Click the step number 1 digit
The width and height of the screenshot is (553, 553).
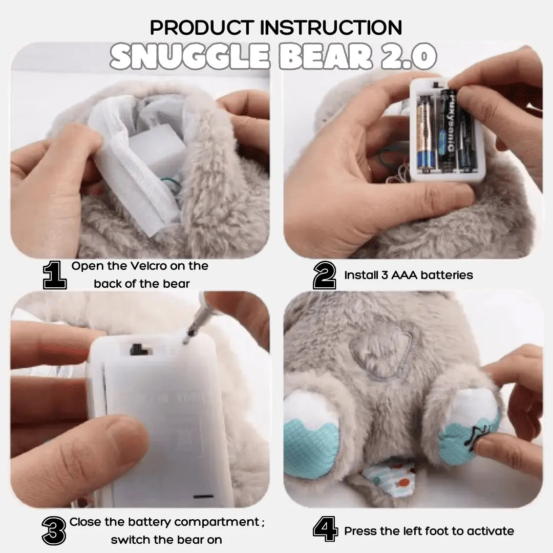click(x=55, y=275)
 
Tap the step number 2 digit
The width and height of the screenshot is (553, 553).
click(x=325, y=275)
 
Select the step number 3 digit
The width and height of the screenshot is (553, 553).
click(x=54, y=531)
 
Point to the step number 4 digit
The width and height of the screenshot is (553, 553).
click(x=325, y=528)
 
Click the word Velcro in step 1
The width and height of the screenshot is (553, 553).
click(x=145, y=266)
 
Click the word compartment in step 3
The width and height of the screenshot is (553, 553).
click(x=217, y=522)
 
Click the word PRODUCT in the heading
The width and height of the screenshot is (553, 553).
click(x=202, y=28)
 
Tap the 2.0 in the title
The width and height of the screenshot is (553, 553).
click(x=409, y=56)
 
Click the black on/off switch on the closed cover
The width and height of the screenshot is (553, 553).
click(x=139, y=349)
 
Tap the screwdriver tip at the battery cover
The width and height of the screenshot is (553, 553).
click(x=186, y=340)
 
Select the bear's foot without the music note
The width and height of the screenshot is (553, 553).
click(x=311, y=434)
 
